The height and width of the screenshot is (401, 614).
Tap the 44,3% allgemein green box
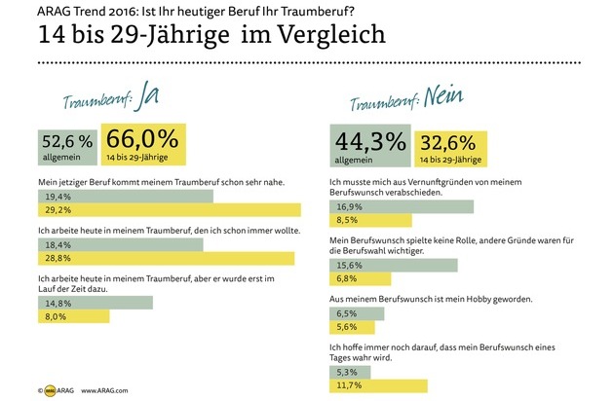point(369,145)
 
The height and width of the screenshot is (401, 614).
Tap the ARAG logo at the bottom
point(52,389)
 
